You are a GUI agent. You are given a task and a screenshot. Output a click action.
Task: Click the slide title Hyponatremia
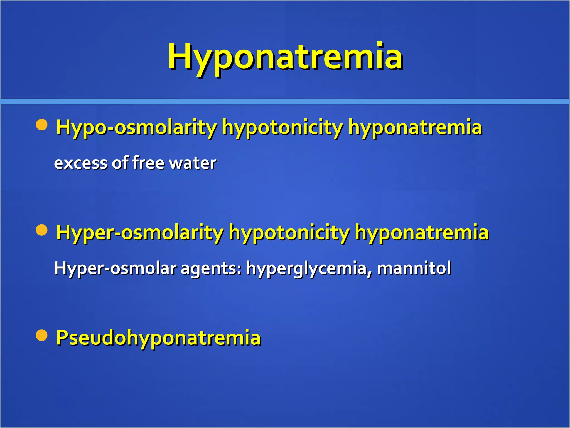[x=285, y=57]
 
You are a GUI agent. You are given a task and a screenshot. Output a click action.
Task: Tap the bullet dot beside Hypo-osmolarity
[x=42, y=125]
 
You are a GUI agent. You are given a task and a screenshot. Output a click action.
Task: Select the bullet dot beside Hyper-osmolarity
[x=42, y=230]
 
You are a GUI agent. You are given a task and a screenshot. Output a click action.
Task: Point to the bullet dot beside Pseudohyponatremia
[x=42, y=335]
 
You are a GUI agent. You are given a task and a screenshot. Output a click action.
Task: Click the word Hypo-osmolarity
[x=136, y=127]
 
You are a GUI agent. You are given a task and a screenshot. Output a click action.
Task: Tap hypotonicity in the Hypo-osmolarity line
[x=282, y=127]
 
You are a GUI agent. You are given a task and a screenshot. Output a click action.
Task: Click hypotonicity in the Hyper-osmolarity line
[x=289, y=233]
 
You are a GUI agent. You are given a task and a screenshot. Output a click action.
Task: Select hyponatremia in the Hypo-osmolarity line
[x=415, y=127]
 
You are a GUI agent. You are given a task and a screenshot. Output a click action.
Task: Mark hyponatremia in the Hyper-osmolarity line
[x=422, y=233]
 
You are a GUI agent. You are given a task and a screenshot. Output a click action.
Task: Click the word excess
[x=80, y=163]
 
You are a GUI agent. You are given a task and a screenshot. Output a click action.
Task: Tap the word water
[x=193, y=163]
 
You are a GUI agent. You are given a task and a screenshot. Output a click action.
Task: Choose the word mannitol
[x=414, y=268]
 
